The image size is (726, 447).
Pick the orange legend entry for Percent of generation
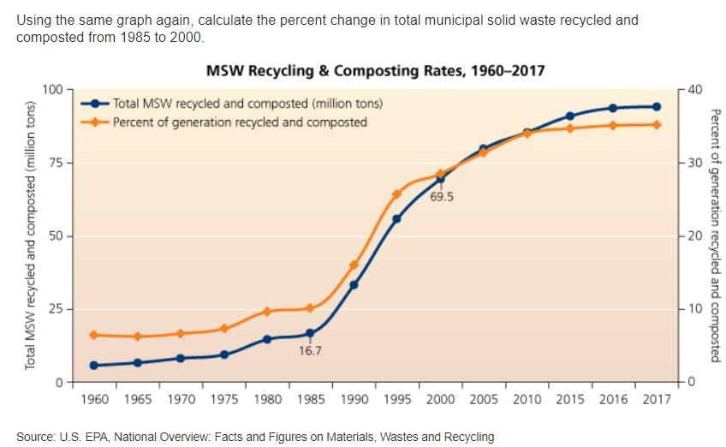tap(240, 122)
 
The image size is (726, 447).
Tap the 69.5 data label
tap(442, 197)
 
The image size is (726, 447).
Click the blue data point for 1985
tap(310, 333)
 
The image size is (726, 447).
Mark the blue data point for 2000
tap(441, 179)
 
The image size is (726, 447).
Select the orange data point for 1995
tap(396, 194)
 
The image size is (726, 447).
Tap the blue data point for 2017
tap(657, 107)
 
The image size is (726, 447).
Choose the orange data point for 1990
tap(354, 265)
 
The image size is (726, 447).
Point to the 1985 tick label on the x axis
tap(310, 399)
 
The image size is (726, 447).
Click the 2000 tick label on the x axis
tap(441, 399)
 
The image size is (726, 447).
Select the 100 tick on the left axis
tap(53, 89)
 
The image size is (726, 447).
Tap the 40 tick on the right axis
tap(694, 89)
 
